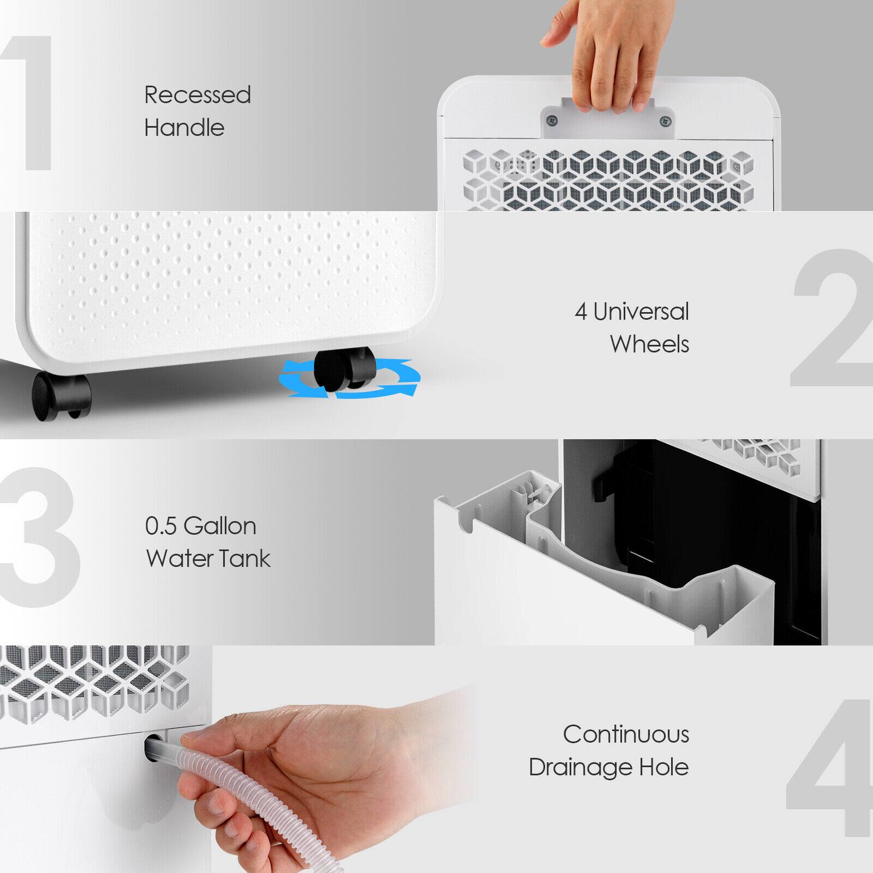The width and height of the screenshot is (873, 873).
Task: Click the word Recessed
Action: click(198, 95)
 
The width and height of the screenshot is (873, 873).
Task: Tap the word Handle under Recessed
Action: click(184, 128)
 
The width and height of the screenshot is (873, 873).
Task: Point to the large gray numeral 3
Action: click(38, 537)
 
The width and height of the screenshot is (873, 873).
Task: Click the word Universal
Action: click(641, 312)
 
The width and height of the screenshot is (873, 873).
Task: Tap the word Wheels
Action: click(649, 344)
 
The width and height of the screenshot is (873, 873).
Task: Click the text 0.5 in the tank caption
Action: click(161, 526)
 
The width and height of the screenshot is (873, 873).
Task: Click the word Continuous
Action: click(626, 734)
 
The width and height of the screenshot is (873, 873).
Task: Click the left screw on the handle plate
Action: click(552, 120)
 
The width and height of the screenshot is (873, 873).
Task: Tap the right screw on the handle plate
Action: click(663, 120)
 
